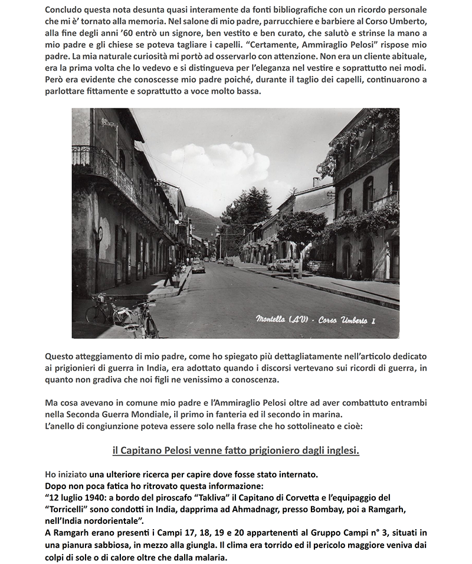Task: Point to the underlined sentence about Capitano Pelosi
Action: (235, 450)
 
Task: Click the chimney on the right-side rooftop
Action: (316, 182)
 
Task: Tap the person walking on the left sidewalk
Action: (171, 273)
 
